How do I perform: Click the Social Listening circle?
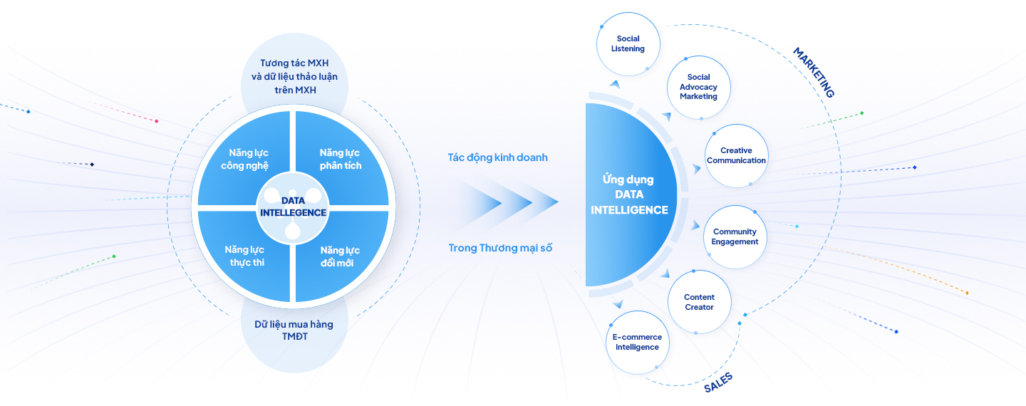[x=628, y=43]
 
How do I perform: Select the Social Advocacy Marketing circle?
[x=698, y=87]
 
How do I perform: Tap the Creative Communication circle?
[x=736, y=156]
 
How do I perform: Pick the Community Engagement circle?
[x=735, y=236]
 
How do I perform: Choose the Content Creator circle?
[x=699, y=302]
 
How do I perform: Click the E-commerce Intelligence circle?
[x=637, y=343]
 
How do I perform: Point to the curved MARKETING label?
[x=813, y=73]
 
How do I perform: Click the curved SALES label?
[x=717, y=382]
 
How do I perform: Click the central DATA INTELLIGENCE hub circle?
[x=293, y=207]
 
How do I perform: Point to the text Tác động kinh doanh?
[x=497, y=157]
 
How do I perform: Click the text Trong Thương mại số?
[x=500, y=248]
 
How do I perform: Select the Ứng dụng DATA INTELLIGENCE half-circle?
[x=627, y=194]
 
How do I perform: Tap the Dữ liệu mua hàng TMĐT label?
[x=294, y=330]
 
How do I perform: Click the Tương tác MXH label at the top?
[x=294, y=76]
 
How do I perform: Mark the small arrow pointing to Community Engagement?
[x=696, y=225]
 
